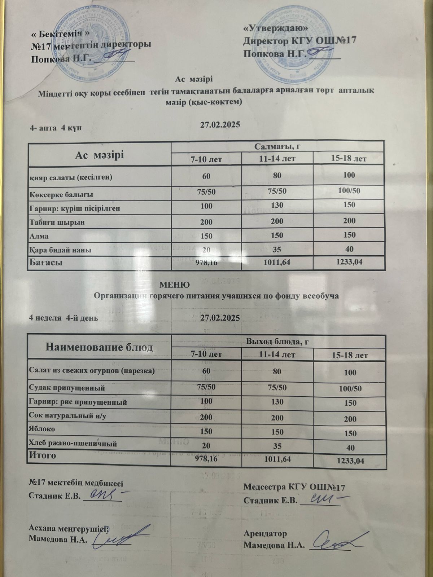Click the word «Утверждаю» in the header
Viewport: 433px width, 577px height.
pyautogui.click(x=276, y=28)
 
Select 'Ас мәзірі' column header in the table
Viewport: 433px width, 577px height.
pyautogui.click(x=99, y=155)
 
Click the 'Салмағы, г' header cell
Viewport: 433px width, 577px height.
pyautogui.click(x=277, y=146)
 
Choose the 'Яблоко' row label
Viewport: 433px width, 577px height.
pyautogui.click(x=42, y=429)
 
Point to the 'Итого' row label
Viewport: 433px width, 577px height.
pyautogui.click(x=42, y=455)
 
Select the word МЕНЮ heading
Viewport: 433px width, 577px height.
pyautogui.click(x=175, y=285)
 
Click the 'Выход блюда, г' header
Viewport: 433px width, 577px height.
pyautogui.click(x=278, y=340)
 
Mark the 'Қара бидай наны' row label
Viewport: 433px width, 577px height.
pyautogui.click(x=60, y=250)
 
